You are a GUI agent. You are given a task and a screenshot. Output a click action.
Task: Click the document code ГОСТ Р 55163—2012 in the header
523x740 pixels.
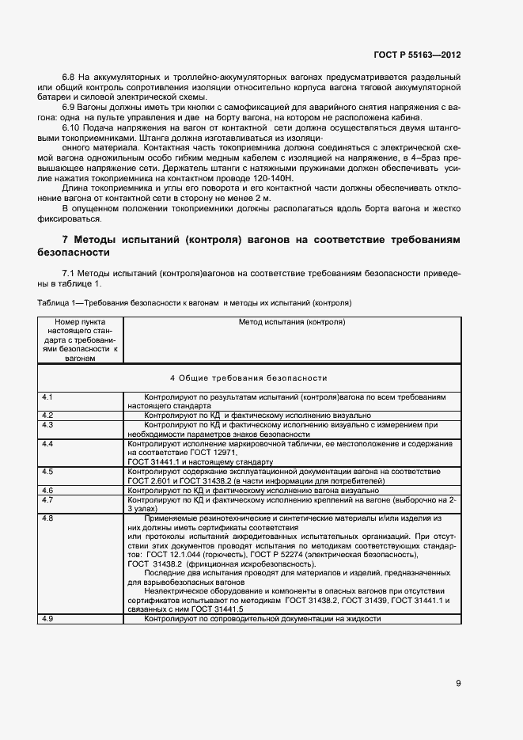(417, 55)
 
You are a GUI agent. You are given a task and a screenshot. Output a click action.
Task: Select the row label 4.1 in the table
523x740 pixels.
(47, 395)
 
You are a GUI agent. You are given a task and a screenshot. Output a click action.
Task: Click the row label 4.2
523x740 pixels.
(47, 415)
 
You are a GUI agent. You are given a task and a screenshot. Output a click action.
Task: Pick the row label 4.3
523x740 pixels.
(47, 424)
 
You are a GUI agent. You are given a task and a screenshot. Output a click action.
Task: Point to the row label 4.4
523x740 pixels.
(47, 444)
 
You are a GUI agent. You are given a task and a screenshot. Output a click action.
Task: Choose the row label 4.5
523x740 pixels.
(47, 472)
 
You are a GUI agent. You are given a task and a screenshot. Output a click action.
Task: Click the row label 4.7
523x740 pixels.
(47, 500)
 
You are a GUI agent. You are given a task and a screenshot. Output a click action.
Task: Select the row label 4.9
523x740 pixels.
(47, 618)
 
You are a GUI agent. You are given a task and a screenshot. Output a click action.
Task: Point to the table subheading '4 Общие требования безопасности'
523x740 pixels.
(248, 378)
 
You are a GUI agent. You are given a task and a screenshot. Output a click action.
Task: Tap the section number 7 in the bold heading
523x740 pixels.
(66, 239)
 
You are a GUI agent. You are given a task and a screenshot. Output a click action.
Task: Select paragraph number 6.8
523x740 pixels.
(69, 77)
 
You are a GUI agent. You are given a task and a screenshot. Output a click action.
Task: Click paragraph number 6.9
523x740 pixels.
(69, 105)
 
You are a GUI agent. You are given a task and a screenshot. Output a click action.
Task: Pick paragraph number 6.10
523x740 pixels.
(71, 127)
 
